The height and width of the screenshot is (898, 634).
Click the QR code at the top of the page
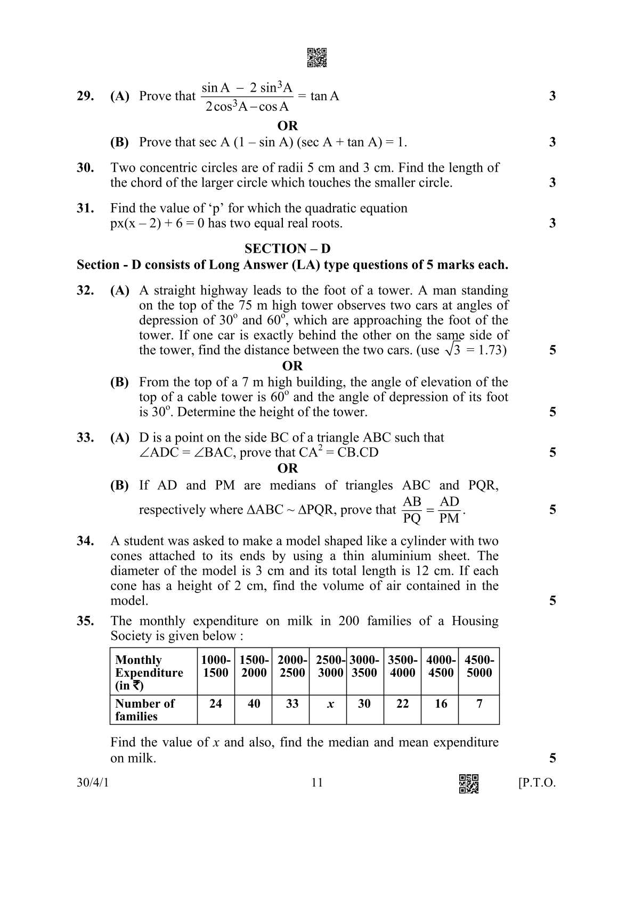[x=317, y=58]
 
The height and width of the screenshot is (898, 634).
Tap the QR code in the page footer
[x=469, y=783]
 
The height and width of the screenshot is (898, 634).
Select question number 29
[x=85, y=96]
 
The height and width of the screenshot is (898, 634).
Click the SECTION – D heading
[x=287, y=248]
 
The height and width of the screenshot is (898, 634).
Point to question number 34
[x=85, y=541]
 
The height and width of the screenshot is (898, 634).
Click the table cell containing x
[x=330, y=704]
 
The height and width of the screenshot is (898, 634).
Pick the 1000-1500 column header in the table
[x=216, y=666]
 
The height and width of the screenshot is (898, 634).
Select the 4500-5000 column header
[x=479, y=666]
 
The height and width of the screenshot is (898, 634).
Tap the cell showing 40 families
[x=254, y=704]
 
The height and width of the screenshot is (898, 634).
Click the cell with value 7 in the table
[x=479, y=704]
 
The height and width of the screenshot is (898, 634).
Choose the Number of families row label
[x=144, y=710]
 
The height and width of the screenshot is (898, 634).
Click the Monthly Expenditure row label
[x=149, y=672]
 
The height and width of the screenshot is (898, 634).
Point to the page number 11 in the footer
[x=317, y=782]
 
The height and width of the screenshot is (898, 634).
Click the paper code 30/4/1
[x=93, y=783]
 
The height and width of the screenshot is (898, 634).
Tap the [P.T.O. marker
[x=537, y=783]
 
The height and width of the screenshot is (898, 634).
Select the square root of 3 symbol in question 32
[x=453, y=350]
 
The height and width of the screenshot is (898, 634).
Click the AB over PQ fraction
[x=412, y=510]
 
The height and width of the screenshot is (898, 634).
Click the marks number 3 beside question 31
[x=552, y=223]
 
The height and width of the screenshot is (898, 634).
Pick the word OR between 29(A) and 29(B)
[x=288, y=126]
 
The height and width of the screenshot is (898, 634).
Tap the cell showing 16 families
[x=441, y=704]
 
